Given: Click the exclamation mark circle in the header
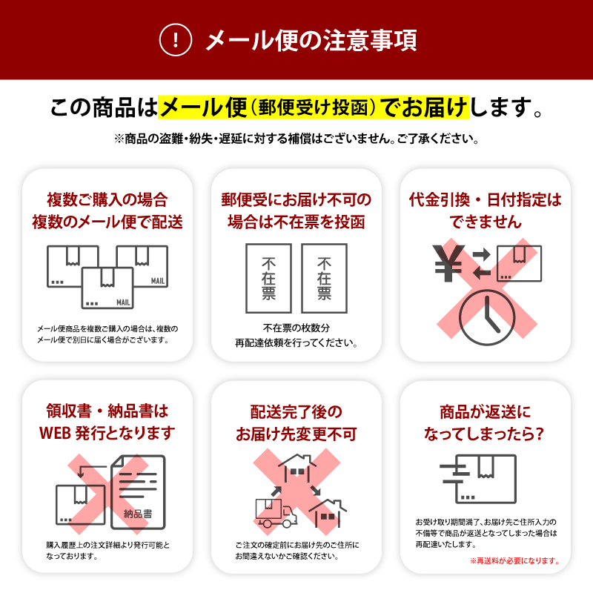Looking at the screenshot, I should pos(176,40).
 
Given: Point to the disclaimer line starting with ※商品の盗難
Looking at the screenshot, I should pos(296,139).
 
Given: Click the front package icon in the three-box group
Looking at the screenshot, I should pos(107,288).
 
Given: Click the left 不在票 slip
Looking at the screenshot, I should pos(268,278).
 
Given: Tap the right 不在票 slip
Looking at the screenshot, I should pos(324,278).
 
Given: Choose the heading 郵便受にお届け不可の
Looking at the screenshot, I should pos(296,199).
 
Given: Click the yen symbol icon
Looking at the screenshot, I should pos(448,263).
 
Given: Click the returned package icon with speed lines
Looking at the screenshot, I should pos(478,477).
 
